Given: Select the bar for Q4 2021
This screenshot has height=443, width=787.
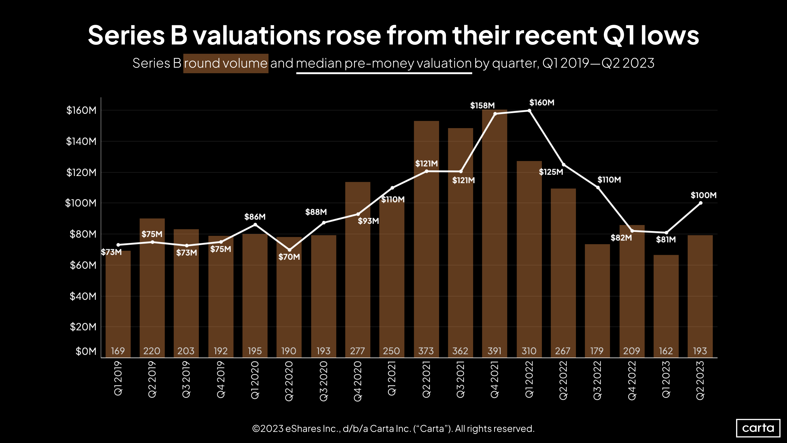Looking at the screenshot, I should [x=495, y=232].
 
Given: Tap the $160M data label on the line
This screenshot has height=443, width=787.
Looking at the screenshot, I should [x=542, y=103].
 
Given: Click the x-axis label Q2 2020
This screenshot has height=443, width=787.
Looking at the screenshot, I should [x=289, y=381].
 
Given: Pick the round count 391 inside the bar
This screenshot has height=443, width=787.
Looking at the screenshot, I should [x=494, y=351].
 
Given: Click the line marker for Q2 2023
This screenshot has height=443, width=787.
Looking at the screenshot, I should [x=700, y=203].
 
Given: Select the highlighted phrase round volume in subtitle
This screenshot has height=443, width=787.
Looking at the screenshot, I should [x=226, y=63].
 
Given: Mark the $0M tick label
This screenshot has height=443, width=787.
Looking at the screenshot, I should [x=86, y=351].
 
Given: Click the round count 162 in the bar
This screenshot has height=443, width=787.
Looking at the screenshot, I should [x=666, y=351].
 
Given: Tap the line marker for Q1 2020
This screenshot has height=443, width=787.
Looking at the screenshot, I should [x=255, y=225].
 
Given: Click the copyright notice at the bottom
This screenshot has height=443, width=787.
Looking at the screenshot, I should [x=393, y=429].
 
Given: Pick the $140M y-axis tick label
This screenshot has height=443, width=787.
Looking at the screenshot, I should [x=81, y=141].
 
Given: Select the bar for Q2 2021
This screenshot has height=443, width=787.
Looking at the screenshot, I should [x=426, y=238].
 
